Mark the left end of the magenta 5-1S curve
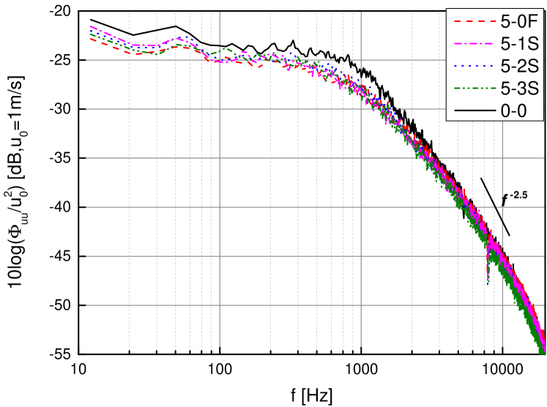pyautogui.click(x=91, y=27)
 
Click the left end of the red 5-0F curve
pyautogui.click(x=91, y=39)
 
